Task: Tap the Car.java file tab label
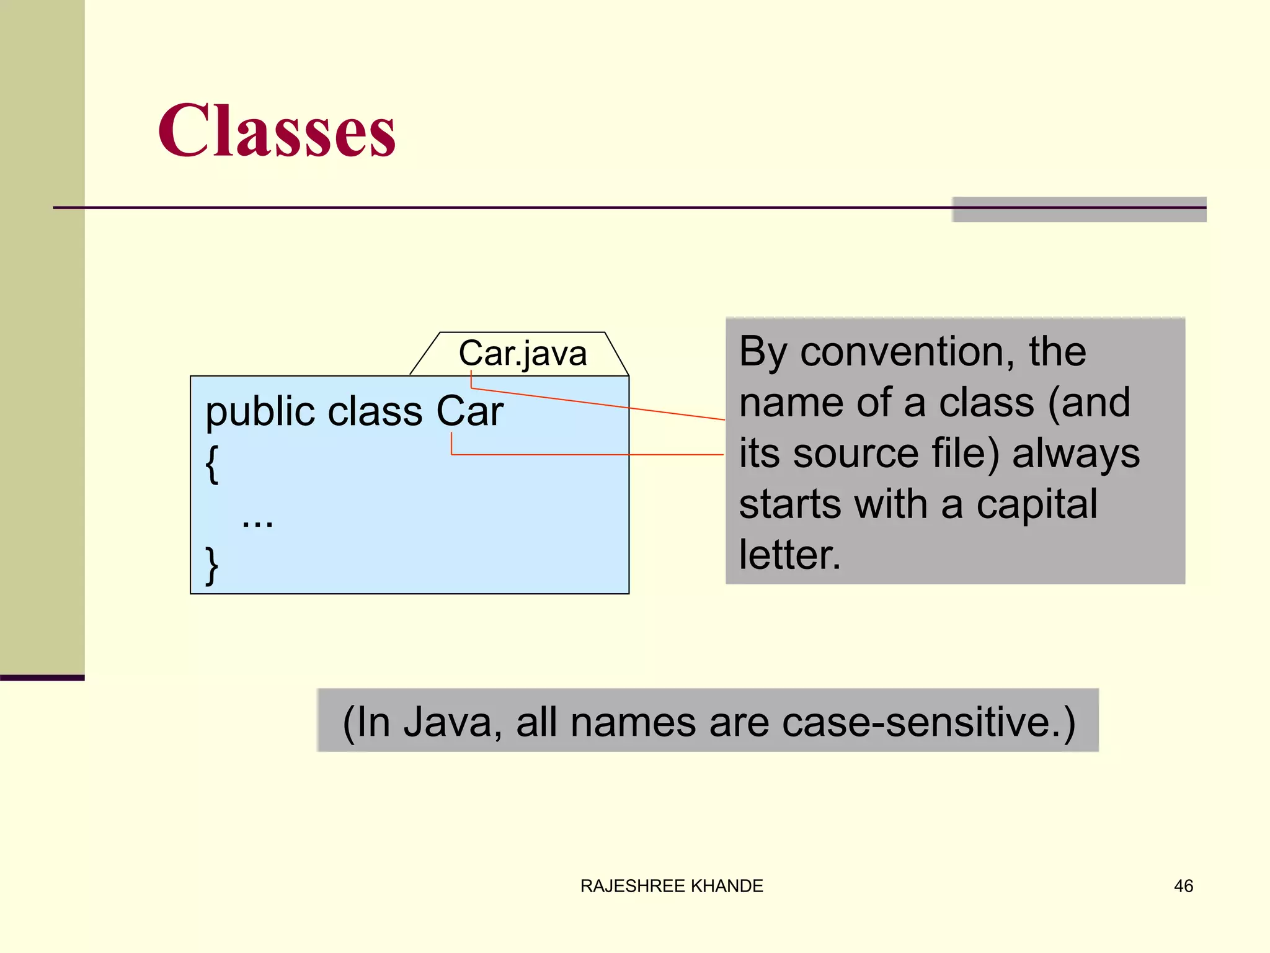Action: click(x=522, y=354)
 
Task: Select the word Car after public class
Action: click(x=469, y=411)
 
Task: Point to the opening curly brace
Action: click(x=211, y=463)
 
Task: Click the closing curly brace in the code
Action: click(x=211, y=565)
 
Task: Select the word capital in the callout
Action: click(x=1037, y=504)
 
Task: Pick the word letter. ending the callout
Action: click(x=789, y=555)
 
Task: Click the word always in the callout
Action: click(x=1076, y=454)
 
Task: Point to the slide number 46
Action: click(x=1183, y=886)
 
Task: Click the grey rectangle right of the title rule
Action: click(x=1079, y=210)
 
